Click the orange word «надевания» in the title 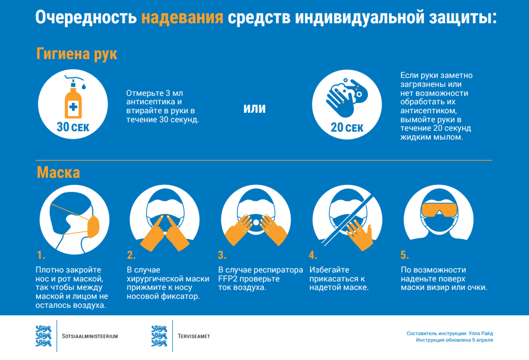point(182,18)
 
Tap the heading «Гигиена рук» point(77,54)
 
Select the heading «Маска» point(58,172)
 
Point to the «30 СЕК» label point(73,127)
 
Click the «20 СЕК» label point(347,128)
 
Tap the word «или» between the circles point(254,108)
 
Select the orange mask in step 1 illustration point(93,226)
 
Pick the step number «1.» point(41,255)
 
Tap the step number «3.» point(222,255)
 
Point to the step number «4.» point(313,255)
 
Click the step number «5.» point(405,255)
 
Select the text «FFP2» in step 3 point(228,279)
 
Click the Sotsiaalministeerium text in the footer point(90,336)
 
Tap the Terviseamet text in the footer point(193,336)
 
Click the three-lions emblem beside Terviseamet point(159,336)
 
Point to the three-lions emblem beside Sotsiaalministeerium point(43,336)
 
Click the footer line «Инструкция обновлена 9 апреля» point(454,340)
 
